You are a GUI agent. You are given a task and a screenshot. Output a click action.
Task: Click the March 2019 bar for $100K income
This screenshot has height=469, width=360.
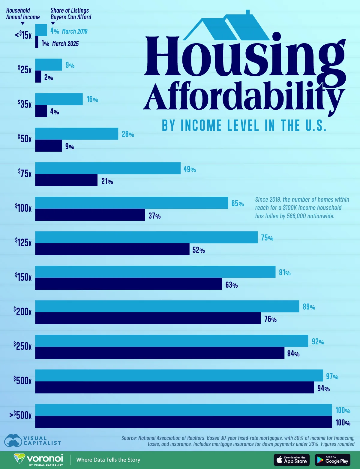click(131, 203)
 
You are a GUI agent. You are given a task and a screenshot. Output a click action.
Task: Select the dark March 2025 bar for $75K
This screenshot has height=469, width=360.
click(66, 180)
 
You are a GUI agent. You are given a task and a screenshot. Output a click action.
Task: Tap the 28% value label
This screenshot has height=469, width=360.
click(128, 134)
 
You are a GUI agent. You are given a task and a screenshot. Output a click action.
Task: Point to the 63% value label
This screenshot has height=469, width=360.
click(232, 285)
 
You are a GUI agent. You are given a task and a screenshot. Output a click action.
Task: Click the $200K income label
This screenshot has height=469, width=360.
click(23, 311)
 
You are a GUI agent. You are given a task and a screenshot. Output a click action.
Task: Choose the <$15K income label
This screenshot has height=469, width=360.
click(23, 35)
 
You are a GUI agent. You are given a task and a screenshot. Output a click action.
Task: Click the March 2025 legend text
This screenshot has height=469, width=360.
click(65, 44)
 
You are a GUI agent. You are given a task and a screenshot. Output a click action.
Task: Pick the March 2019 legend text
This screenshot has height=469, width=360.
click(75, 31)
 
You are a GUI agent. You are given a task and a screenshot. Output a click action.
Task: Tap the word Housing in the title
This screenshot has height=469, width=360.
click(244, 57)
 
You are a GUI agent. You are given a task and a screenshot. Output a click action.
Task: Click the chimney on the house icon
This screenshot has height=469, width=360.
click(248, 12)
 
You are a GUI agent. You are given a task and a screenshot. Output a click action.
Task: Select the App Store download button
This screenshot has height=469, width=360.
click(291, 460)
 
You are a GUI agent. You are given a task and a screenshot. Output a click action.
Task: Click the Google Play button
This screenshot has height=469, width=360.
click(332, 460)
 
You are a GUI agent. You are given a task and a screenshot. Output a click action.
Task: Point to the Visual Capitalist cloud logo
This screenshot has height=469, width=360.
click(13, 440)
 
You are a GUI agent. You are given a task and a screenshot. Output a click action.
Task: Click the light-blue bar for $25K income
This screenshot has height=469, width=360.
click(49, 65)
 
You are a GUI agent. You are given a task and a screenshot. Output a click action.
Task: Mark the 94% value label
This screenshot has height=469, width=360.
click(323, 389)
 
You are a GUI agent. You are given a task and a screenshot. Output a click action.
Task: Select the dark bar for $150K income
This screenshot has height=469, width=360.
click(128, 284)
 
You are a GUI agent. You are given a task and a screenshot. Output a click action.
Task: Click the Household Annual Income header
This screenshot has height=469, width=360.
click(23, 14)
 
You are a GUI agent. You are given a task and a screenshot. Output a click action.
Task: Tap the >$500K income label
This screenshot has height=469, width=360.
click(20, 415)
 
